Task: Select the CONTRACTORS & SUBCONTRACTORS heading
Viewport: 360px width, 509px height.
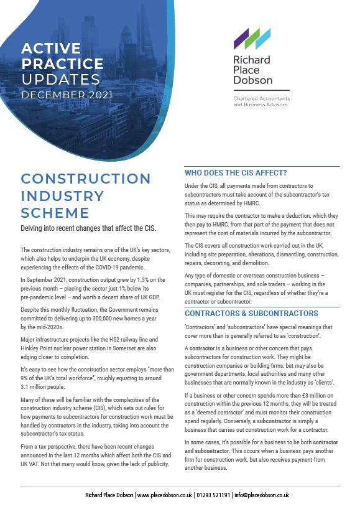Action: (251, 313)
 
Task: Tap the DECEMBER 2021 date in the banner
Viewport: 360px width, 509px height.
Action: (67, 95)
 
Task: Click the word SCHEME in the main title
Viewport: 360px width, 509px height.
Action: (55, 212)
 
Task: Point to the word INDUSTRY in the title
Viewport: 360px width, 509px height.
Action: (63, 195)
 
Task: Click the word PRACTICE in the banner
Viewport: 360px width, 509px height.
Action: (62, 63)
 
